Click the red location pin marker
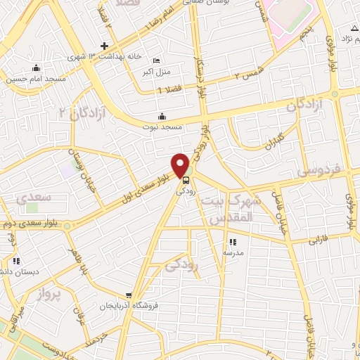pyautogui.click(x=181, y=165)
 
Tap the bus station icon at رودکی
pyautogui.click(x=186, y=179)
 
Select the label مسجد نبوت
pyautogui.click(x=163, y=127)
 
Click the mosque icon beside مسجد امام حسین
pyautogui.click(x=37, y=68)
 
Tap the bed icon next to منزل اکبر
pyautogui.click(x=156, y=61)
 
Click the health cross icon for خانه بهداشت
pyautogui.click(x=105, y=46)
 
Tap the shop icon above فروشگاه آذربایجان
pyautogui.click(x=128, y=296)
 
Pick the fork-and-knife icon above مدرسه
pyautogui.click(x=233, y=242)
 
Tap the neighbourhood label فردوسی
pyautogui.click(x=318, y=170)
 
